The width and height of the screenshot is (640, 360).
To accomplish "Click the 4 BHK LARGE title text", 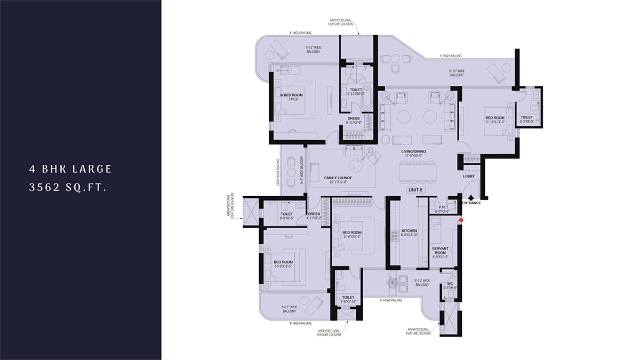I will [70, 169].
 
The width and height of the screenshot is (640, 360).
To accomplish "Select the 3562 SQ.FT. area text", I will [70, 187].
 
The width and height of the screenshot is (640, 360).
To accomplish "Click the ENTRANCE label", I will [471, 203].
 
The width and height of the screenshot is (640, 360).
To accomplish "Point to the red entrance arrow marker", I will [461, 219].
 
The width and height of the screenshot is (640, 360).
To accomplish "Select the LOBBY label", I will [469, 175].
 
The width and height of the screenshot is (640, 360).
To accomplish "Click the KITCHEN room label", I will [409, 231].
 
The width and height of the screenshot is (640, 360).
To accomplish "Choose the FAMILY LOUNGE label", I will [339, 178].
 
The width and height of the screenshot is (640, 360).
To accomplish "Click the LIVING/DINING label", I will [413, 151].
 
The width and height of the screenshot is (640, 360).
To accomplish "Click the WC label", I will [450, 283].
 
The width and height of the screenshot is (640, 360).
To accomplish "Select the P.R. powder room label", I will [442, 207].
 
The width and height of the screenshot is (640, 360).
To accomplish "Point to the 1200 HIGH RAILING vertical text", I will [278, 173].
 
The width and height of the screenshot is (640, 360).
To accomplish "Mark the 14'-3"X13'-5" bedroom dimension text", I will [283, 266].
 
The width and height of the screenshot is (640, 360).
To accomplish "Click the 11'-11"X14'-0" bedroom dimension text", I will [494, 122].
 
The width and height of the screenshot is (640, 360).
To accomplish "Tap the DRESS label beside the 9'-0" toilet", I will [314, 214].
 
